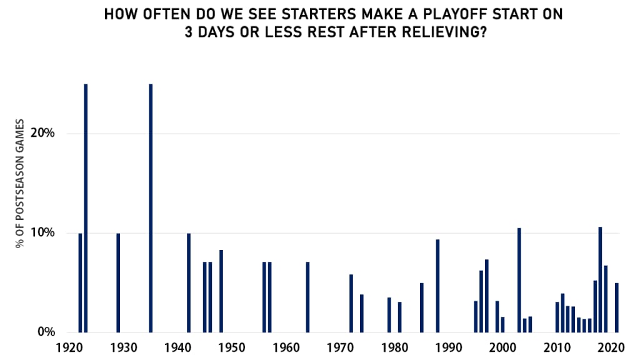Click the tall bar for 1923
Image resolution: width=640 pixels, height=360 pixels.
coord(86,208)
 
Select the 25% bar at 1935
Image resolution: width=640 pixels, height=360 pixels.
coord(151,208)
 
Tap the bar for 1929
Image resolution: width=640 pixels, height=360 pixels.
coord(118,283)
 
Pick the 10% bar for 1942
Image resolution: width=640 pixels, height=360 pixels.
coord(189,283)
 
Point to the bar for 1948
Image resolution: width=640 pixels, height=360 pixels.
coord(221,291)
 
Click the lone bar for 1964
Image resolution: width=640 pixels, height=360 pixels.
coord(307,297)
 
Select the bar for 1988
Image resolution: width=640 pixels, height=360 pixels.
coord(437,286)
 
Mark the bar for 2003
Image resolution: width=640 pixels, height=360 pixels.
coord(519,280)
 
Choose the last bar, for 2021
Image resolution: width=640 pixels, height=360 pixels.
coord(617,307)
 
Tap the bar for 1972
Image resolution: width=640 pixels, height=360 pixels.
coord(351,303)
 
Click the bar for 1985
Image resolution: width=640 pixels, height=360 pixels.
coord(422,307)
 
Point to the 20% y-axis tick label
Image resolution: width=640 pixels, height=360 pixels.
coord(42,133)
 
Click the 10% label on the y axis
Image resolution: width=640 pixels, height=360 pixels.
coord(42,232)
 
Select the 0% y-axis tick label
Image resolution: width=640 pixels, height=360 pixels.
coord(46,332)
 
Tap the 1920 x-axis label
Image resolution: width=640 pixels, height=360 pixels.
coord(69,347)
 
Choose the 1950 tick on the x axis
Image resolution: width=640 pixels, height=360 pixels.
coord(232,347)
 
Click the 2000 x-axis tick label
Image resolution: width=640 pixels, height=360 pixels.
coord(503,347)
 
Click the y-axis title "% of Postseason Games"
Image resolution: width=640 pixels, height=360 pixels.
coord(19,183)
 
